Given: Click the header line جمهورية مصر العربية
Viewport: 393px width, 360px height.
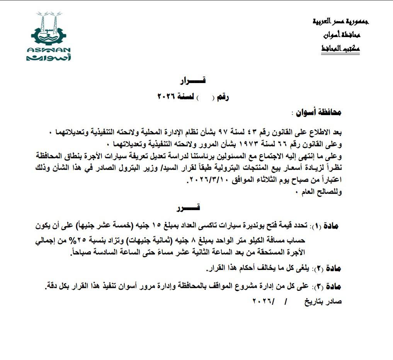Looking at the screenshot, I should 340,21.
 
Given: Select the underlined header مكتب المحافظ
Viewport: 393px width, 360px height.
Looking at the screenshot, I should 340,49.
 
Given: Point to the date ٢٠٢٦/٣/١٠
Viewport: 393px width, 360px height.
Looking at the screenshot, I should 209,180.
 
